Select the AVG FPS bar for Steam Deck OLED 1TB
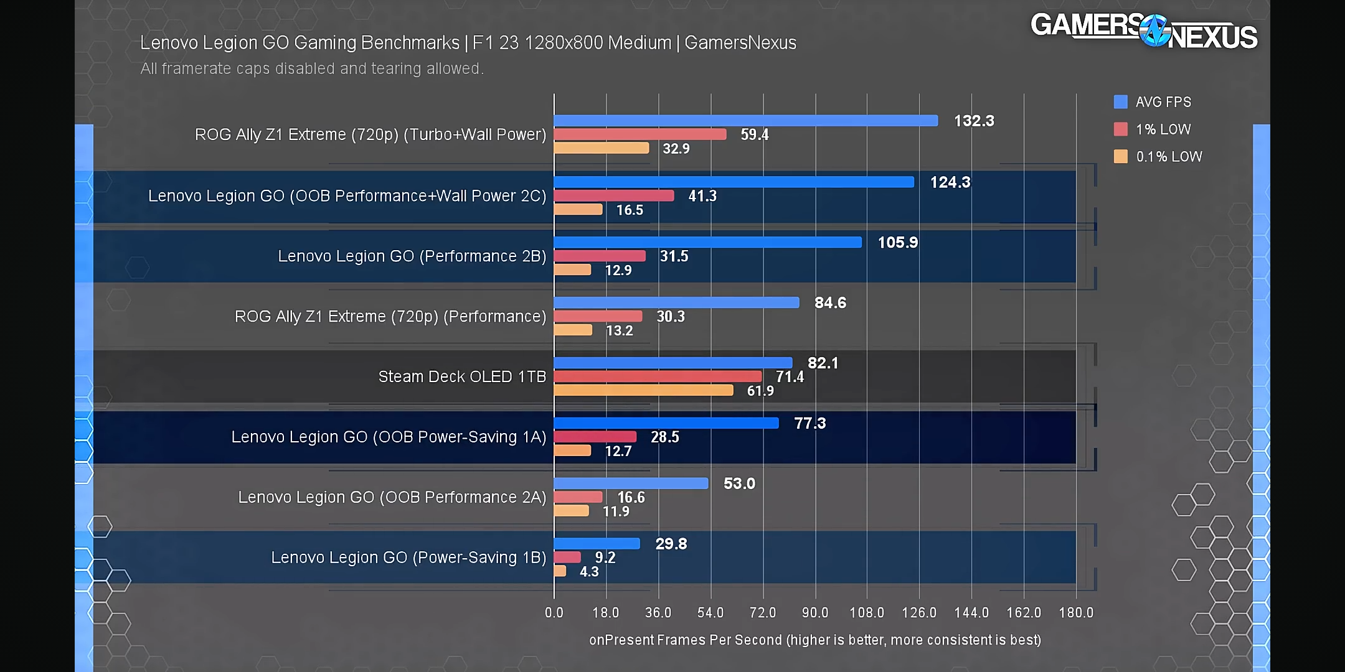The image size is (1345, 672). (672, 363)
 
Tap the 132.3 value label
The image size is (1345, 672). (974, 121)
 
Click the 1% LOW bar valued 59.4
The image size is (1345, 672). (639, 134)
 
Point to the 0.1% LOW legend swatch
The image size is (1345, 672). (1120, 157)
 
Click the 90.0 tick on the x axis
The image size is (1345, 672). (814, 613)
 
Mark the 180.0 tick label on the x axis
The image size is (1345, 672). (1076, 613)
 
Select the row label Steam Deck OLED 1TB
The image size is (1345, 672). (462, 377)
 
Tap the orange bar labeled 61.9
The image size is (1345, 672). (643, 391)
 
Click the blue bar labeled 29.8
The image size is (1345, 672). (597, 544)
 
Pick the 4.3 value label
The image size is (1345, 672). (589, 572)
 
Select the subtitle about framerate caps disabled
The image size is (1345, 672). (312, 68)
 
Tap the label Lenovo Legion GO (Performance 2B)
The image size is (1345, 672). (412, 256)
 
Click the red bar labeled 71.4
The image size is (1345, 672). (658, 377)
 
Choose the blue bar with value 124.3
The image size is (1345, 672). (734, 182)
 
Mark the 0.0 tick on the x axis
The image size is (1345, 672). (554, 613)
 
